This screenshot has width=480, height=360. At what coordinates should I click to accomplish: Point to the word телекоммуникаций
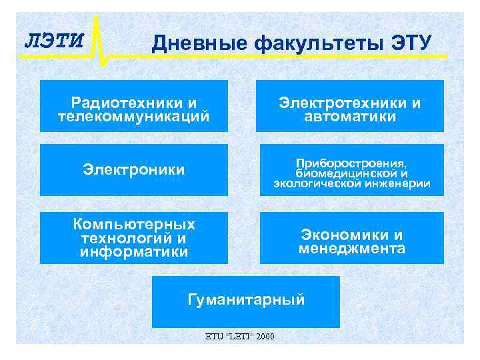[x=133, y=117]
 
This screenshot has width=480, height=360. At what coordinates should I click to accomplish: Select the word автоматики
[x=350, y=117]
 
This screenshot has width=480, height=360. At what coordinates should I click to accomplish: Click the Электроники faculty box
[x=133, y=170]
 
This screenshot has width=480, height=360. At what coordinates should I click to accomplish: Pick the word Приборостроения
[x=351, y=162]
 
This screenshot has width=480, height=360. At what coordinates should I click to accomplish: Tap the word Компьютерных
[x=133, y=224]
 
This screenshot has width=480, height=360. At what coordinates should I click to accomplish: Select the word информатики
[x=133, y=252]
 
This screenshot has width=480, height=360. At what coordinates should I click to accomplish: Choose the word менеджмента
[x=351, y=249]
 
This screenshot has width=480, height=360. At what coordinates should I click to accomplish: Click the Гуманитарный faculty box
[x=246, y=300]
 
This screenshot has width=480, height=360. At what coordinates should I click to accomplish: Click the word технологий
[x=124, y=238]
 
